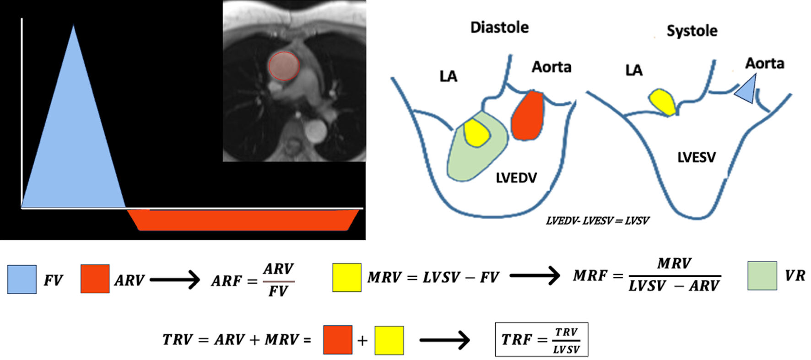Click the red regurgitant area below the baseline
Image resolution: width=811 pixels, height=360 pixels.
point(243,220)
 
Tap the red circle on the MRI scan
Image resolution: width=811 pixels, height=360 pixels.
point(284,66)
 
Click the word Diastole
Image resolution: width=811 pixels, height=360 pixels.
point(499,27)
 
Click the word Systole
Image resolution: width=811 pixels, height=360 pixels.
point(692,31)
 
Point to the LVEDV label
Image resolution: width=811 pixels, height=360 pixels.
point(516,177)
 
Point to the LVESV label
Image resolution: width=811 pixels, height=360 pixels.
point(696,157)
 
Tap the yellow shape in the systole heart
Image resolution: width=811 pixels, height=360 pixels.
point(663,102)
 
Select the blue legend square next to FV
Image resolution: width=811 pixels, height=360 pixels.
point(22,279)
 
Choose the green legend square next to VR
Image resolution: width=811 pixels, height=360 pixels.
point(762,276)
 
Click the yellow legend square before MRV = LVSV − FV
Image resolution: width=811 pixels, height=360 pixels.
point(346,277)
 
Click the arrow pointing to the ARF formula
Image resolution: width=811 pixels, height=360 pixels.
point(175,279)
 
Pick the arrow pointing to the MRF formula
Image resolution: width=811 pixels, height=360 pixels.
point(535,275)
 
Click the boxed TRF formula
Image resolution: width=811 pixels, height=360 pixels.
point(541,339)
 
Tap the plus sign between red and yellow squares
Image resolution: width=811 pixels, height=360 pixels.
point(362,341)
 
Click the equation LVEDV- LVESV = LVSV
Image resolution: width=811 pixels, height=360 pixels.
point(597,221)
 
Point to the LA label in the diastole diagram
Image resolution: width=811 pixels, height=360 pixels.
point(448,76)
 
